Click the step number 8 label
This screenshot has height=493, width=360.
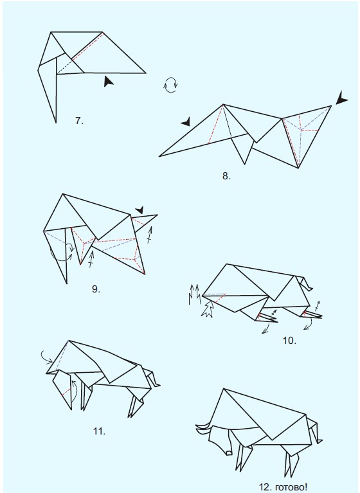[226, 175]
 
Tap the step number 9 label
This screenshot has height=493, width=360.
[96, 289]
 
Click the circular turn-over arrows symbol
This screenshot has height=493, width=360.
[171, 85]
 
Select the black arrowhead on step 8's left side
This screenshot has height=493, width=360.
[186, 121]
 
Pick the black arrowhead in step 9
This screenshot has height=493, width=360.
[140, 208]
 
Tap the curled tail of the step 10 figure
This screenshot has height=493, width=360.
[308, 283]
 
